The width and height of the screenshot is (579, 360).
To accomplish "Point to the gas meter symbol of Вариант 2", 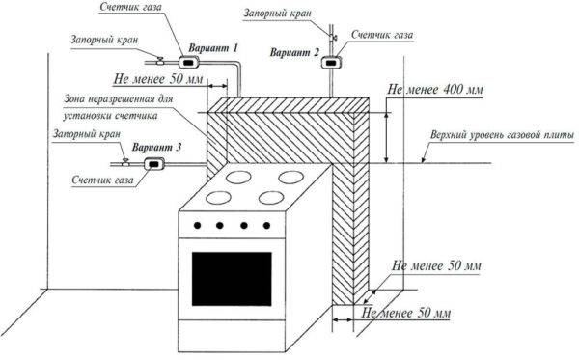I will click(334, 63).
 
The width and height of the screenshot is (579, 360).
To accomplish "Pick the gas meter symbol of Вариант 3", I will click(152, 164).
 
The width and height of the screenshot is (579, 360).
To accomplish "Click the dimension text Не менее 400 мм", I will click(433, 89).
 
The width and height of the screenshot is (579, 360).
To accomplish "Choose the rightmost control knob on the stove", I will click(267, 227).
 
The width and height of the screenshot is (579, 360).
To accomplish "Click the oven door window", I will click(231, 277).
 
